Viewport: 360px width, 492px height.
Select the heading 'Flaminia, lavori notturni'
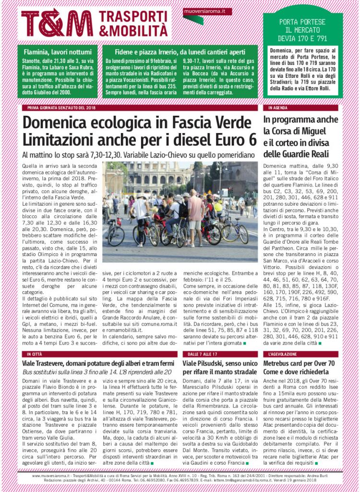57,52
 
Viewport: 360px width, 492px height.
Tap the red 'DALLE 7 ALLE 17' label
199,354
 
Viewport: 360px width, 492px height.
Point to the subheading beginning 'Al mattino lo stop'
138,155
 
